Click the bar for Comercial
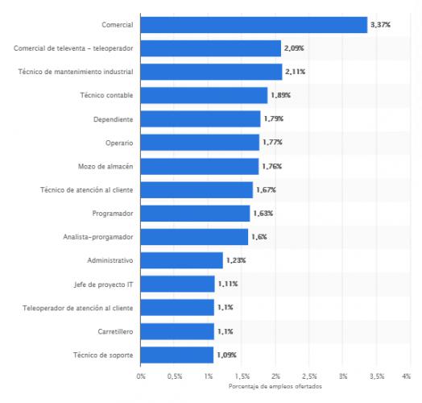(254, 25)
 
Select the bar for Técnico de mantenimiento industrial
(211, 73)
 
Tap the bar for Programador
(195, 214)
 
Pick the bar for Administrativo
(181, 260)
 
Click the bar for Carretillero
(177, 331)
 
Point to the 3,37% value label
(380, 25)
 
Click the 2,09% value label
(293, 48)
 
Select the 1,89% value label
(279, 96)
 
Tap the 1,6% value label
(259, 237)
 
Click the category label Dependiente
(114, 119)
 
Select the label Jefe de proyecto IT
(103, 284)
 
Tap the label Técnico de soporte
(103, 355)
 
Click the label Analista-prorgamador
(99, 237)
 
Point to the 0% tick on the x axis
(141, 376)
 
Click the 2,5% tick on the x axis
(309, 376)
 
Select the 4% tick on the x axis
(410, 376)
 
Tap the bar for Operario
(200, 143)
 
